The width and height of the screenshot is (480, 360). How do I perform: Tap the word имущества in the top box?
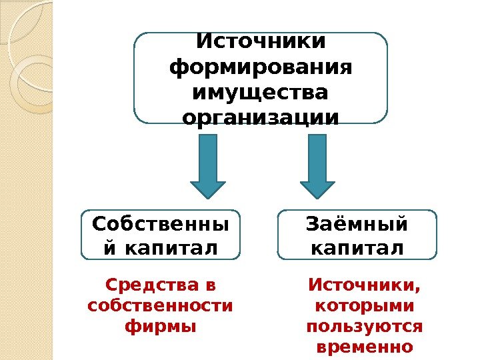coord(261,93)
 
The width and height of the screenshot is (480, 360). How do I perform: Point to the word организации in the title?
coord(261,118)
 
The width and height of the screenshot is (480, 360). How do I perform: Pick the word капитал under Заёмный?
coord(357,248)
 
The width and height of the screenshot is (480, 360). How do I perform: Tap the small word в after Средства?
coord(211,286)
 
